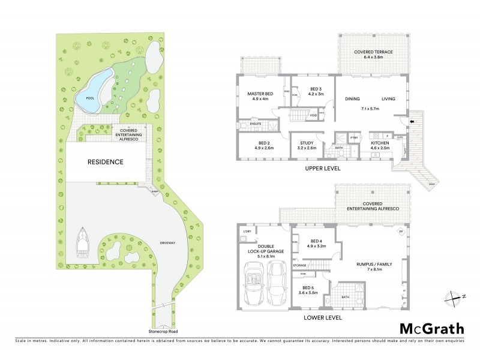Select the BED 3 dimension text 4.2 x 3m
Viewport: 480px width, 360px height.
pyautogui.click(x=307, y=94)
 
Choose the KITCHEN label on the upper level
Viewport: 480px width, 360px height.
pyautogui.click(x=379, y=143)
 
